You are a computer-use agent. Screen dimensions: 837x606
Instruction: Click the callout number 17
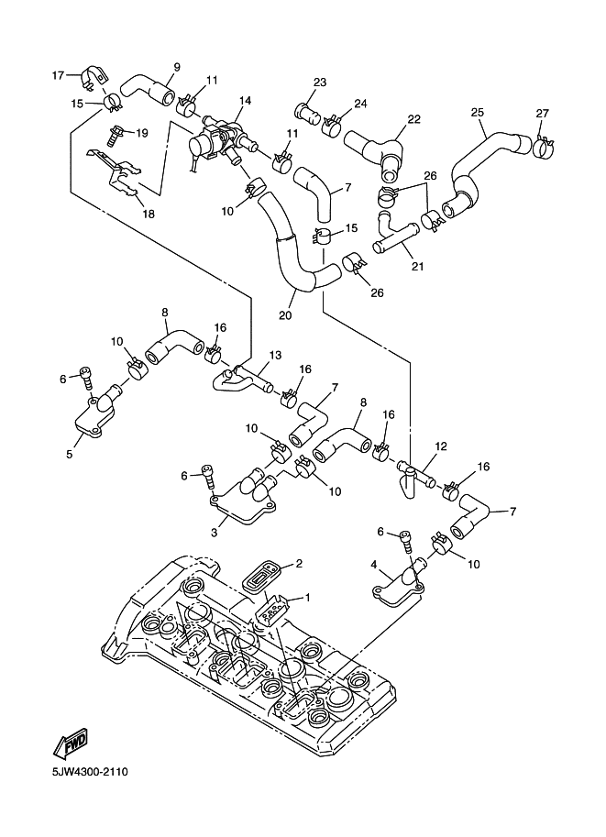(57, 74)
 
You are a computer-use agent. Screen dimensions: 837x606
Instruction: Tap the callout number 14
(245, 101)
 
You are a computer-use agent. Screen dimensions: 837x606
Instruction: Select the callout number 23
(319, 83)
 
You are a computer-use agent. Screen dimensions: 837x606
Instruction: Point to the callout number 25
(477, 112)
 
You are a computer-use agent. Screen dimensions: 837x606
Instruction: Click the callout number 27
(543, 113)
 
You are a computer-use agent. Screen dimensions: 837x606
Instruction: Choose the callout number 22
(413, 119)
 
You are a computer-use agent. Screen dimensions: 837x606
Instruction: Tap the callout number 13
(275, 355)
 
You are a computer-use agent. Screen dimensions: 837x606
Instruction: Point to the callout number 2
(298, 564)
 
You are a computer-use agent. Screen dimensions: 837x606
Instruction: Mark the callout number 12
(440, 446)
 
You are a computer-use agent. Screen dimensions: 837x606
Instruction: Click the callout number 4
(375, 565)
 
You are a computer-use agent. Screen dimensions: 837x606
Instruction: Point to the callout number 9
(177, 66)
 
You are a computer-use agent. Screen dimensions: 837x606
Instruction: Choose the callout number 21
(417, 266)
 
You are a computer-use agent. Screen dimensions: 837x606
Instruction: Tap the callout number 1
(308, 597)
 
